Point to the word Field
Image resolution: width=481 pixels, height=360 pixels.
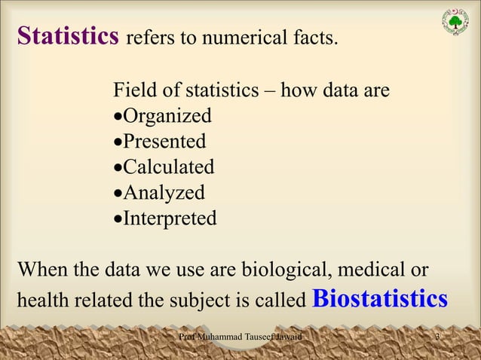point(133,91)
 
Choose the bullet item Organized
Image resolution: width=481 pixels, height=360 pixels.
point(167,117)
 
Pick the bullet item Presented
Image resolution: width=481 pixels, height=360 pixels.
point(164,142)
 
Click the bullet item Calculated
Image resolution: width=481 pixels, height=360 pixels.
point(168,167)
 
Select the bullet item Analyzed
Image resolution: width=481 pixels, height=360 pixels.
point(164,193)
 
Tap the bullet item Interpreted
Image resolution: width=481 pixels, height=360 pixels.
point(170,218)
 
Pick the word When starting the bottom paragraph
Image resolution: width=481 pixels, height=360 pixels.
point(41,269)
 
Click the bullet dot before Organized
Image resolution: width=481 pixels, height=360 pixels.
point(117,118)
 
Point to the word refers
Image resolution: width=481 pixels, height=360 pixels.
point(148,38)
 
